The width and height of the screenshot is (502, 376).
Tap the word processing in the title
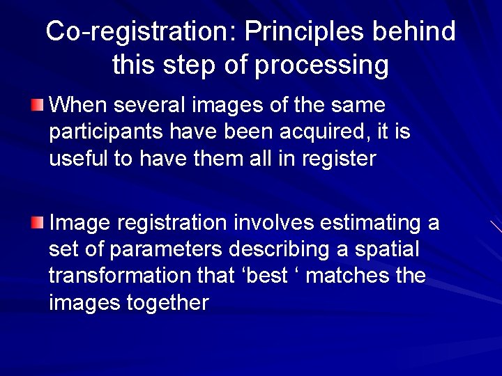322,65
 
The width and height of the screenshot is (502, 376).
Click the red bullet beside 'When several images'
37,106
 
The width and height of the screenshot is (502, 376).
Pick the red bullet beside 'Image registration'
37,223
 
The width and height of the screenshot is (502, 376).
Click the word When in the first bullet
78,106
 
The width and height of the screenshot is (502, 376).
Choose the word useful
79,159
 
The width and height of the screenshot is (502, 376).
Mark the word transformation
119,276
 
